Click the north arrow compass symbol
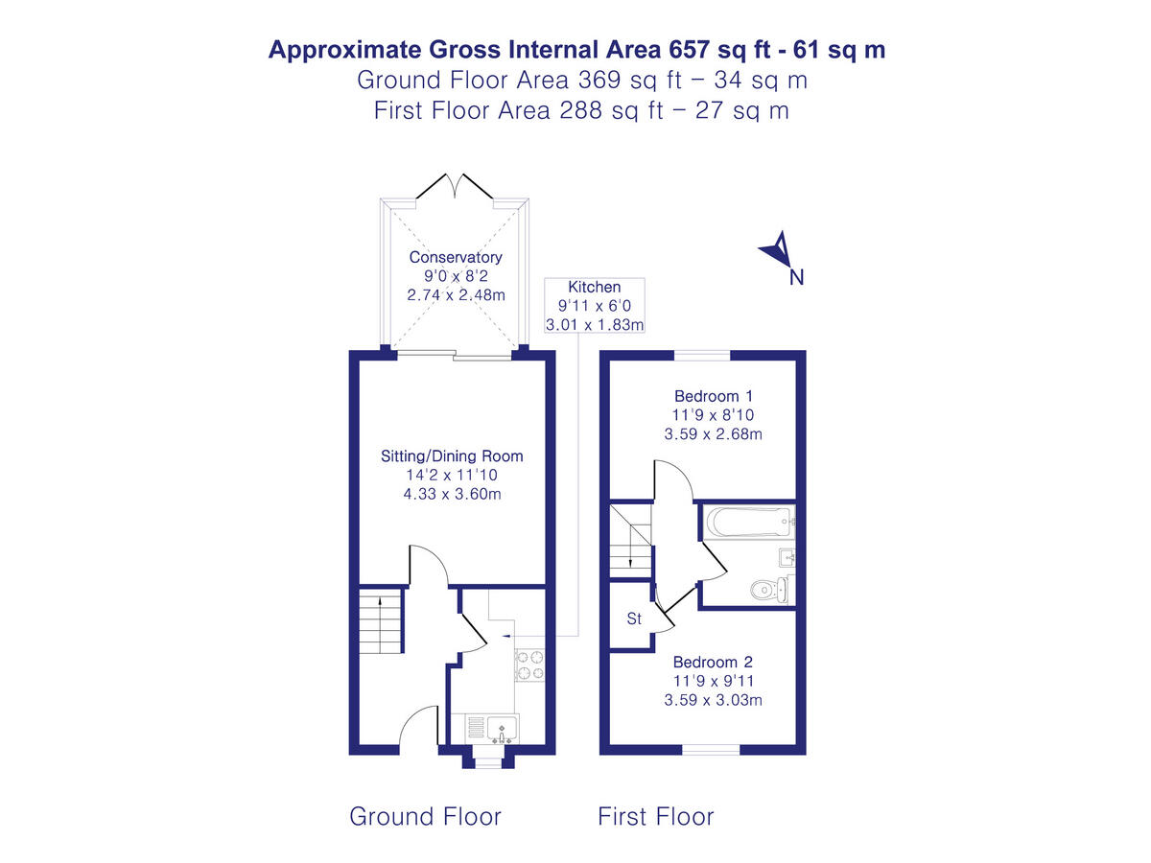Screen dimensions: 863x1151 pyautogui.click(x=779, y=252)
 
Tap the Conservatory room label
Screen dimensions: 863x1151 pyautogui.click(x=456, y=258)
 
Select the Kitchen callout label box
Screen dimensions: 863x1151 pyautogui.click(x=595, y=305)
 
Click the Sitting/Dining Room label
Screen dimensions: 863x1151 pyautogui.click(x=452, y=455)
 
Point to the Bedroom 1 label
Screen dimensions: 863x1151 pyautogui.click(x=706, y=396)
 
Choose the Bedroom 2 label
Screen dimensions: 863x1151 pyautogui.click(x=713, y=662)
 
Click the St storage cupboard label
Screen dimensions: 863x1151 pyautogui.click(x=634, y=619)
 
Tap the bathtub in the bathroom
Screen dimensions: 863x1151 pyautogui.click(x=747, y=524)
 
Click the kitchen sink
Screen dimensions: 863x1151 pyautogui.click(x=501, y=731)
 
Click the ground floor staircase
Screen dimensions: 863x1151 pyautogui.click(x=381, y=621)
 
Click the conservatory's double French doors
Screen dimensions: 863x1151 pyautogui.click(x=456, y=187)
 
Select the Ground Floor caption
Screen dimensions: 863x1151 pyautogui.click(x=425, y=816)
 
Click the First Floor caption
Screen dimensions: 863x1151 pyautogui.click(x=656, y=816)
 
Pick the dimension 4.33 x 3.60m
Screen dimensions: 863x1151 pyautogui.click(x=452, y=494)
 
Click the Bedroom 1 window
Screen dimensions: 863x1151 pyautogui.click(x=702, y=356)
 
